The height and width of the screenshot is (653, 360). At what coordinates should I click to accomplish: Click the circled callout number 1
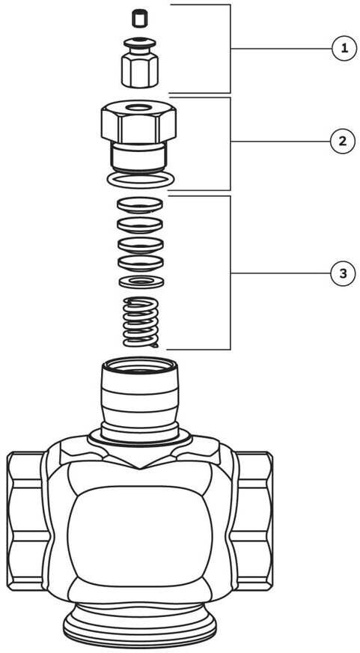coord(344,49)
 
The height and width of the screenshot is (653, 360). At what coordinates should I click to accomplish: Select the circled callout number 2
coord(343,142)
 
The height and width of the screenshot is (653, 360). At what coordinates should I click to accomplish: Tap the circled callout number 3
coord(343,273)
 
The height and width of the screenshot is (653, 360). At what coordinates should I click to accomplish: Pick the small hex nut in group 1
coord(140,72)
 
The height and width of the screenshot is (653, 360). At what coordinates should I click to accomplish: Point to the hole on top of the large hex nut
coord(138,109)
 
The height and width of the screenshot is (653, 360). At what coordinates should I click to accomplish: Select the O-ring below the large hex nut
coord(140,180)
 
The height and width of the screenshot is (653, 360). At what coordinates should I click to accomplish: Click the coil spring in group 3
coord(141,322)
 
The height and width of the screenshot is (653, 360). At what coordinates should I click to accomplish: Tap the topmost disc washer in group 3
coord(140,204)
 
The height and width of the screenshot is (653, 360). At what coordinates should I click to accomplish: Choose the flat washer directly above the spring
coord(141,282)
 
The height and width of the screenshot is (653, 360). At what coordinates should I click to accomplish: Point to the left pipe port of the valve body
coord(26,520)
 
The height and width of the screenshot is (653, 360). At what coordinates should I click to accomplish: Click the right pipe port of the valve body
coord(254,520)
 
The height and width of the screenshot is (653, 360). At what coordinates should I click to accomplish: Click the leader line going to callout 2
coord(281,142)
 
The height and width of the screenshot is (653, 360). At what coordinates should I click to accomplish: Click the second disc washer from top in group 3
coord(140,225)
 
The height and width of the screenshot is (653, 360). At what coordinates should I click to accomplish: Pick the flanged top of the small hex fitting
coord(140,43)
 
